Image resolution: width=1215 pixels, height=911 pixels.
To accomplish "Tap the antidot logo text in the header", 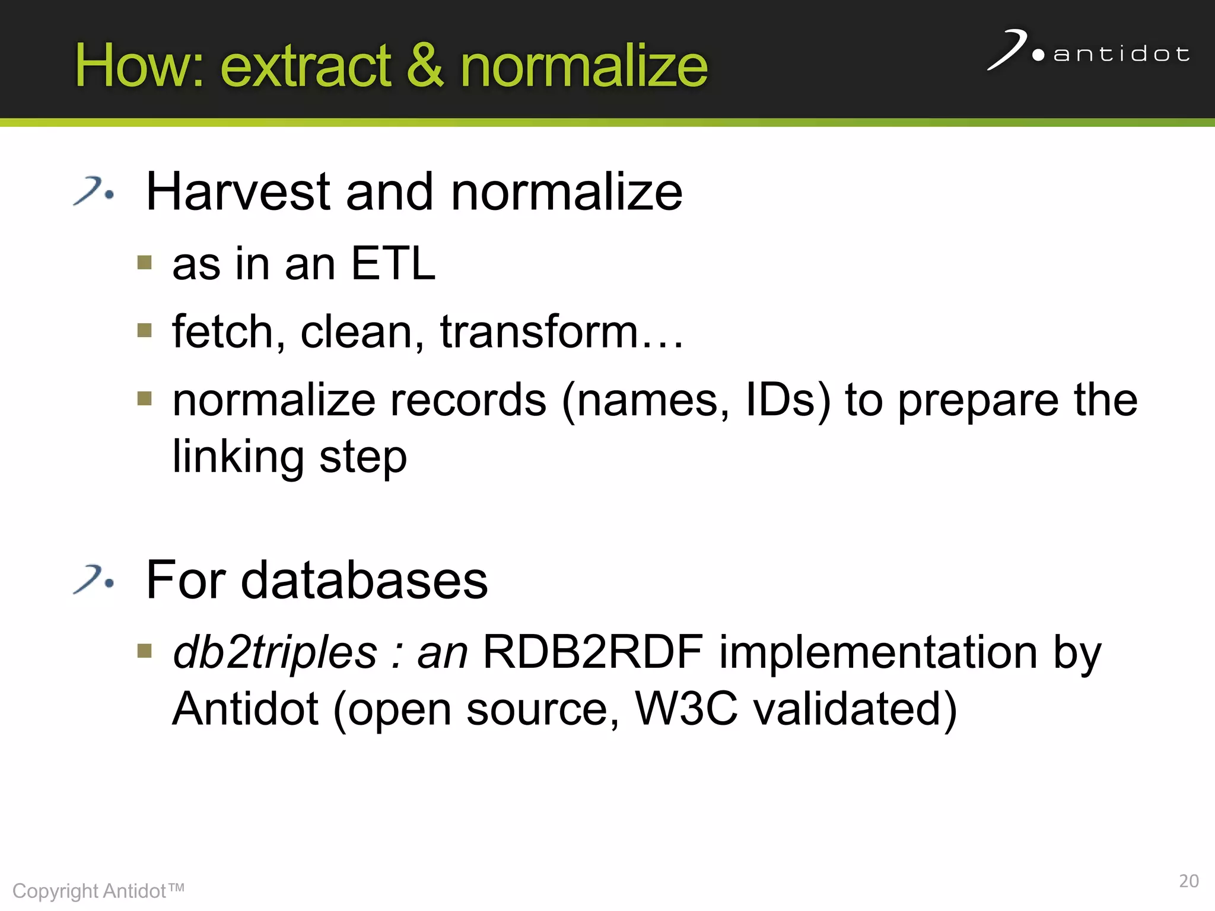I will point(1121,55).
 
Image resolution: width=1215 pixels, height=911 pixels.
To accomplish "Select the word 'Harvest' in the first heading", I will point(237,192).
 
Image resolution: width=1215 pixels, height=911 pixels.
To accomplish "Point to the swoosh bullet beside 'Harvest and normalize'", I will point(93,191).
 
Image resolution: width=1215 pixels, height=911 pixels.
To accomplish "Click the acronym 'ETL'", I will point(393,263).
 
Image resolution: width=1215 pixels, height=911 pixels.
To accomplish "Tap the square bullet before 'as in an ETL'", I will point(144,262).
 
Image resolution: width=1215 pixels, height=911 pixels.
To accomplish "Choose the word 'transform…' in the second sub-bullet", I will point(561,332).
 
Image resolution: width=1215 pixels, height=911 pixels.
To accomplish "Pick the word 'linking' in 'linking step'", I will point(238,457).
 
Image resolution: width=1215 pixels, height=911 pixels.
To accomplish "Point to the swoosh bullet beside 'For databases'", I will point(93,579).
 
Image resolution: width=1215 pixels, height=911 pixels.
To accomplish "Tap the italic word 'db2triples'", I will point(275,652).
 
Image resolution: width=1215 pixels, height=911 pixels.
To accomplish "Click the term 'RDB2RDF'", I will point(593,652).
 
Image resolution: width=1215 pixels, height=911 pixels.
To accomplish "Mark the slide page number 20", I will point(1188,881).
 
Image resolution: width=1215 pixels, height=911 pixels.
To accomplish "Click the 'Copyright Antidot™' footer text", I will point(98,891).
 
